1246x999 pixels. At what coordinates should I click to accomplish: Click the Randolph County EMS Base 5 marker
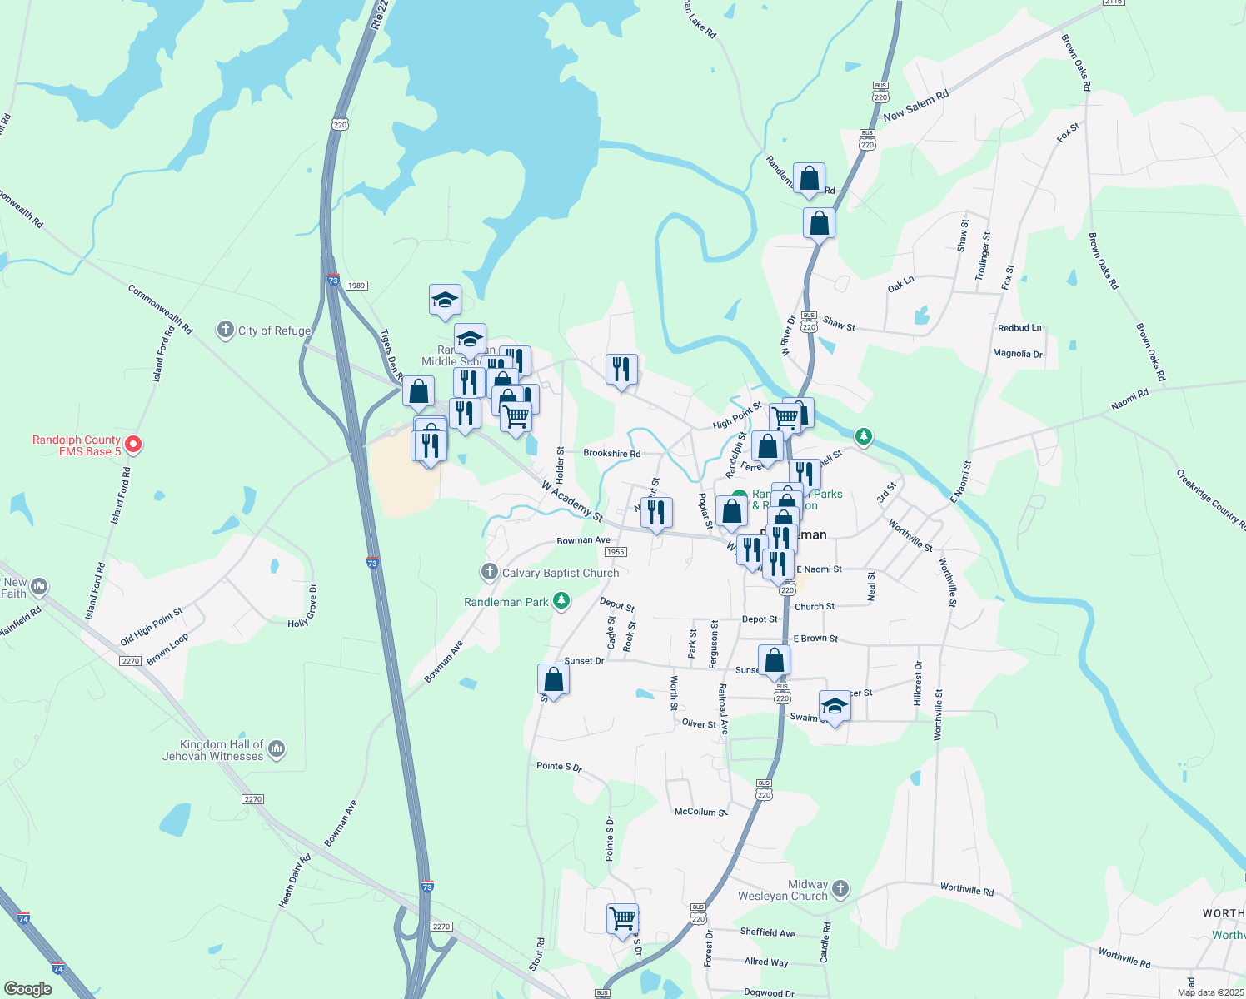133,445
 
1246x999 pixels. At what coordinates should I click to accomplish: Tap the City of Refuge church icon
225,331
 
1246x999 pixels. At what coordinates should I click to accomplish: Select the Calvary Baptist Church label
560,573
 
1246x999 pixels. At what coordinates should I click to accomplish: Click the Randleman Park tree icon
562,601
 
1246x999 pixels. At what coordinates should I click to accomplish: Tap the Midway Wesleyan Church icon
840,889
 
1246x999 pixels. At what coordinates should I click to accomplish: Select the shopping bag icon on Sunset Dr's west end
553,680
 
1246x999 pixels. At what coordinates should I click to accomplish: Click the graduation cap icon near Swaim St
835,708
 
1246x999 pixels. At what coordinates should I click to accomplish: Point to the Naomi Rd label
1129,400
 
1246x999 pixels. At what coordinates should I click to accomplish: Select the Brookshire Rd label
611,454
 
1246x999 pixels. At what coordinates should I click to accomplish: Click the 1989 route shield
356,286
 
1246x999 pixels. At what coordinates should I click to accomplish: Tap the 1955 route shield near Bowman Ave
616,552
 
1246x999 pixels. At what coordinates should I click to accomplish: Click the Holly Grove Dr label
302,606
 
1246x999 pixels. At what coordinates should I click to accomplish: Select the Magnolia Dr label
1017,354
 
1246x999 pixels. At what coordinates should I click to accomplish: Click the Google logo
27,988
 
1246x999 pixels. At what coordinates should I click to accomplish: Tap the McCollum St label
700,812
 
